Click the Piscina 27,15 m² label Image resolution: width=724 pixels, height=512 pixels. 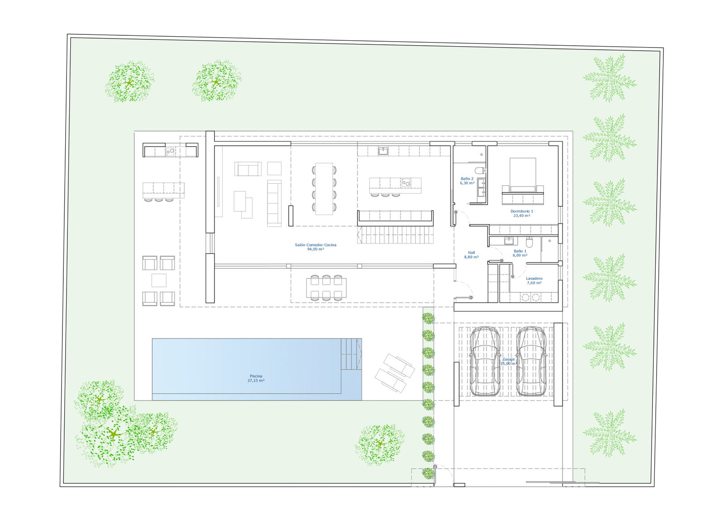256,378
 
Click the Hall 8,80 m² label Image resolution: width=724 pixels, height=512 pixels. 471,254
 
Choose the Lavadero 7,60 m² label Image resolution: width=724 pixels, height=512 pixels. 534,280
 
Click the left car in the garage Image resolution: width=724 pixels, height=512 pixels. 485,361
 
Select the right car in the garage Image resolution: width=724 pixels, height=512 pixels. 531,361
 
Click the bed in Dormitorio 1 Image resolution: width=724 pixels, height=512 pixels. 523,181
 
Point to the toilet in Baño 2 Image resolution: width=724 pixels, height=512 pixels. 480,170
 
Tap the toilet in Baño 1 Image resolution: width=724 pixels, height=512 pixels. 529,242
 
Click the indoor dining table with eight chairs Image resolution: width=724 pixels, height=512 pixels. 324,189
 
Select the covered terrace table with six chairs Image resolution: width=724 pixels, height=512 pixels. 326,287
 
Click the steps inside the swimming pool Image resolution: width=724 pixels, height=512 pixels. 351,354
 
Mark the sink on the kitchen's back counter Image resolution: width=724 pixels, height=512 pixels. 383,151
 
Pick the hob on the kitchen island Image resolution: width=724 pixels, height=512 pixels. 406,183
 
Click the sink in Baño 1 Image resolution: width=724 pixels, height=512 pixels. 509,241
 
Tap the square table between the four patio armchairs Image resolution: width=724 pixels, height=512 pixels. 159,280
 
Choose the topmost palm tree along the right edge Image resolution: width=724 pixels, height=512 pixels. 610,78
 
